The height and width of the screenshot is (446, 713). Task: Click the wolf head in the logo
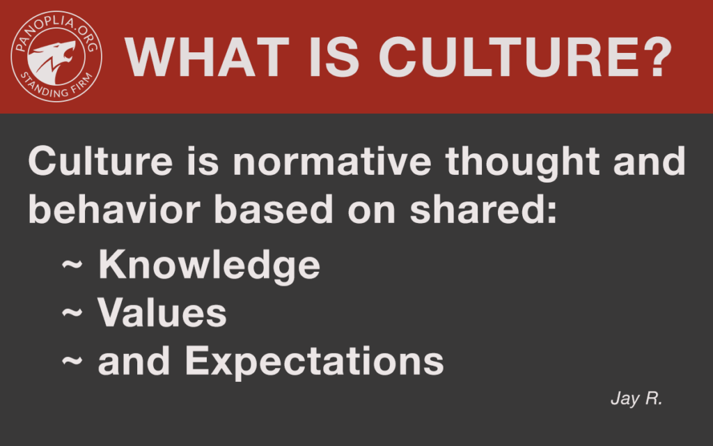click(52, 60)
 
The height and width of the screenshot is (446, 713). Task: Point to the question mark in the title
click(656, 57)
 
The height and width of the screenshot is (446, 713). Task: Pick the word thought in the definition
click(522, 163)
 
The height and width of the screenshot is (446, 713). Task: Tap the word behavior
click(114, 209)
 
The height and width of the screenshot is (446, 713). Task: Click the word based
click(274, 209)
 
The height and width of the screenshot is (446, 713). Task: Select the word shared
click(478, 209)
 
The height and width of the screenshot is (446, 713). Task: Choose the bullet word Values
click(162, 313)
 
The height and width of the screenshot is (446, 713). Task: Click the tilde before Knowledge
click(72, 264)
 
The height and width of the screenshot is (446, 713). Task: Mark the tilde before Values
click(72, 312)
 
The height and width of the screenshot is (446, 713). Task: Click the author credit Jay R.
click(636, 399)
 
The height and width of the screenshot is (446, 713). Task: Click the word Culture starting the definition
click(100, 161)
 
